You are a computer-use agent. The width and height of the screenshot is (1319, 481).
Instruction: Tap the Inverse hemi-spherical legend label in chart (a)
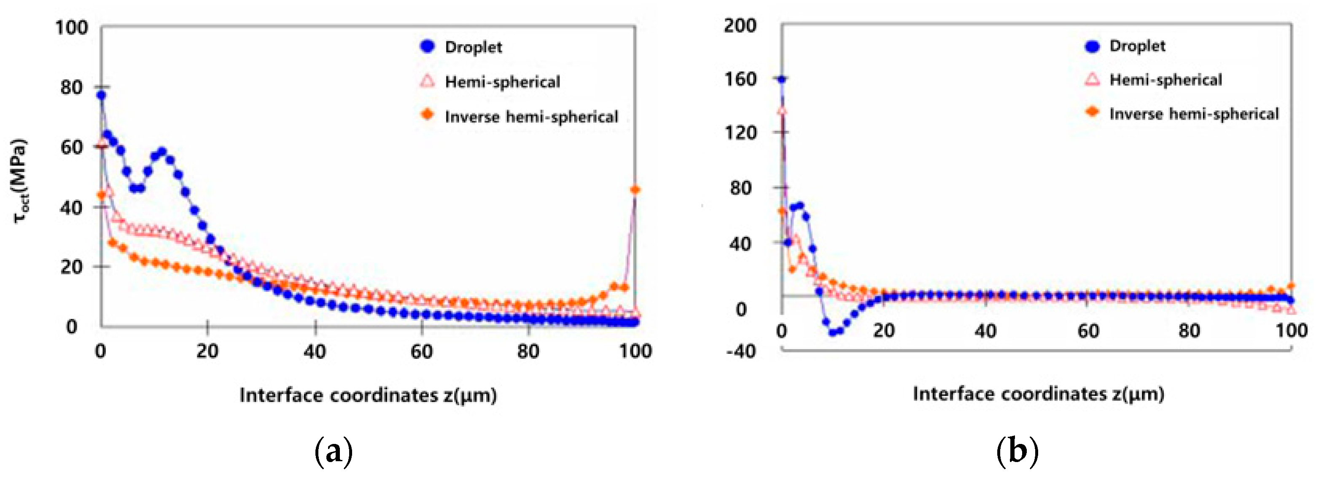pyautogui.click(x=531, y=117)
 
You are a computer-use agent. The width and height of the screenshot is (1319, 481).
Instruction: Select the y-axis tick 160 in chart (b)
pyautogui.click(x=740, y=79)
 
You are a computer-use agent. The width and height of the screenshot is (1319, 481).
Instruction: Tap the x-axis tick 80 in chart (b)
pyautogui.click(x=1189, y=331)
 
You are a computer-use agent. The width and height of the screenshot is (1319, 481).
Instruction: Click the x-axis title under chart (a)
pyautogui.click(x=368, y=395)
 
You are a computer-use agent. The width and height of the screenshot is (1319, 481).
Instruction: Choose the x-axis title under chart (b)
pyautogui.click(x=1039, y=393)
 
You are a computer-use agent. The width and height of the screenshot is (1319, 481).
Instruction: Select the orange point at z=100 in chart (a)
pyautogui.click(x=635, y=190)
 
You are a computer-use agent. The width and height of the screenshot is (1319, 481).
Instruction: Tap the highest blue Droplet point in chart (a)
pyautogui.click(x=101, y=95)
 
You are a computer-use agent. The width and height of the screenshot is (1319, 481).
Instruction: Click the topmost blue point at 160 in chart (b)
pyautogui.click(x=781, y=79)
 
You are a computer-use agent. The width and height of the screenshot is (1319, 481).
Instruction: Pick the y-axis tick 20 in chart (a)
pyautogui.click(x=72, y=266)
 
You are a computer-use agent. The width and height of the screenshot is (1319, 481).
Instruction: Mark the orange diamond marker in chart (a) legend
pyautogui.click(x=427, y=115)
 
